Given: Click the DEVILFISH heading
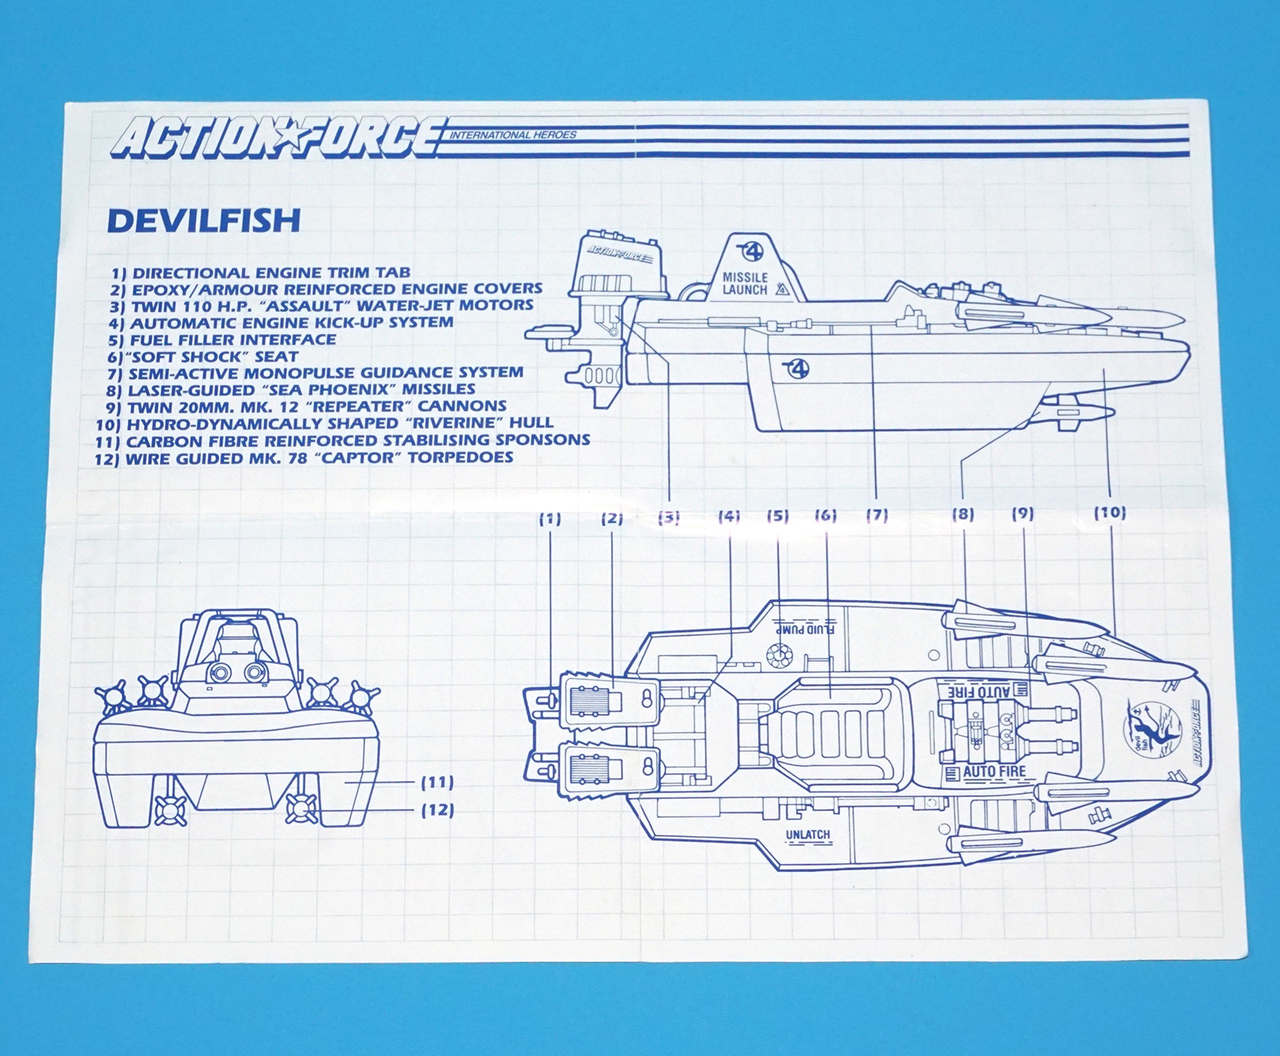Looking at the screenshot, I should point(203,220).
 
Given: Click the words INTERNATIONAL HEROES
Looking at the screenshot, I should point(512,134).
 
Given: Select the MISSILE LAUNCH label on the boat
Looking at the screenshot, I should point(745,283).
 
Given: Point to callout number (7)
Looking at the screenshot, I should point(878,514).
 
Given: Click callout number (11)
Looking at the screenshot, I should point(437,782).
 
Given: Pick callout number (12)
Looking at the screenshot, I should point(437,810).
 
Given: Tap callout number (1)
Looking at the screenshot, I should point(550,518).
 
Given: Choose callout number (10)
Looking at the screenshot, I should point(1110,512).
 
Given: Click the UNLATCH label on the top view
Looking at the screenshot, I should point(807,834).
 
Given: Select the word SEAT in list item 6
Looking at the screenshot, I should point(277,357).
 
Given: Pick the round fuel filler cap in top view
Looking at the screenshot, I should point(778,655).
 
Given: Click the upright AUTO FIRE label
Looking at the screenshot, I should point(994,772).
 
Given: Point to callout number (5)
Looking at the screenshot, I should point(778,516).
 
